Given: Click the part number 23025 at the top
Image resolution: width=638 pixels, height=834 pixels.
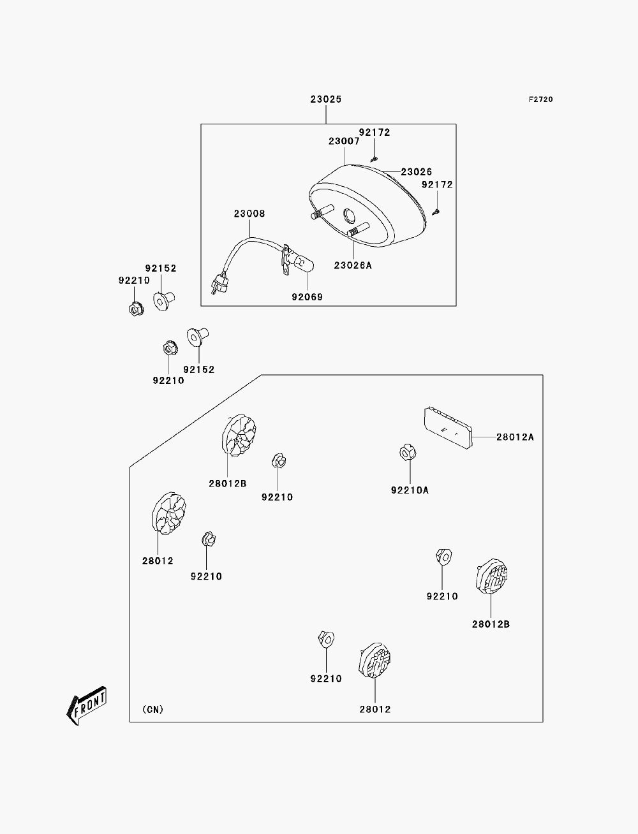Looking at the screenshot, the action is click(326, 99).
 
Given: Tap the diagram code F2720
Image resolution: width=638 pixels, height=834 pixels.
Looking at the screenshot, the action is click(540, 99).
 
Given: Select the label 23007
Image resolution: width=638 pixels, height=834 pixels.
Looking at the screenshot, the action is click(344, 142).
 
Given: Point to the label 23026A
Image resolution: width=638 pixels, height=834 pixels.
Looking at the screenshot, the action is click(353, 265).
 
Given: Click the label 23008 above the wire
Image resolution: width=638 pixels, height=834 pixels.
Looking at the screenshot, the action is click(249, 214).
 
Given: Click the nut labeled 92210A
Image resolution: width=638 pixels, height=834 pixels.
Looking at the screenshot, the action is click(408, 452).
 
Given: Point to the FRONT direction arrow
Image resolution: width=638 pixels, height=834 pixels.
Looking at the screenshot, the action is click(86, 706).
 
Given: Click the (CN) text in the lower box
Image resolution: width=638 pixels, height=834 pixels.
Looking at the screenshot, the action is click(153, 710).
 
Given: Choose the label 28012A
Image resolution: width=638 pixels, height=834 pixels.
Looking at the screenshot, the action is click(516, 437).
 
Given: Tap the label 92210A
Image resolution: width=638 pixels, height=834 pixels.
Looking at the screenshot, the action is click(410, 490).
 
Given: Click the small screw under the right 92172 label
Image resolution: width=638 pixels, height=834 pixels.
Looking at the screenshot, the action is click(436, 212).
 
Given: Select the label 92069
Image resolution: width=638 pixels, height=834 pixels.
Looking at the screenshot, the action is click(308, 297).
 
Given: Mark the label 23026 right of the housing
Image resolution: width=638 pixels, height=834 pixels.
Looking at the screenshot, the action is click(417, 172).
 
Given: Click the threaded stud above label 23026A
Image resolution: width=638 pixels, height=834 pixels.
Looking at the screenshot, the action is click(359, 230).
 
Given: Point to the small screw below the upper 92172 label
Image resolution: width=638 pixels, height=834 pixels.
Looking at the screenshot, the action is click(374, 159).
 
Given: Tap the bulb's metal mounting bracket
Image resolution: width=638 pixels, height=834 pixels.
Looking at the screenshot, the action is click(285, 261).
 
